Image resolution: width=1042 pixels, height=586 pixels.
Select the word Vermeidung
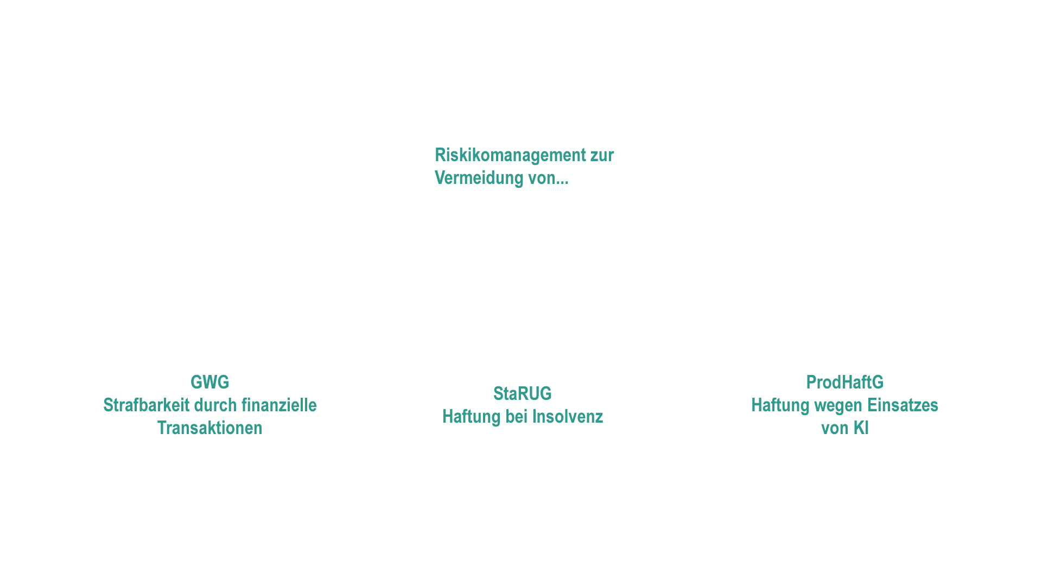coord(479,179)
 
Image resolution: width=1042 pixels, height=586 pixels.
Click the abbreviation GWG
coord(210,382)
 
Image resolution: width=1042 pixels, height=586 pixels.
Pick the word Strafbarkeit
coord(146,405)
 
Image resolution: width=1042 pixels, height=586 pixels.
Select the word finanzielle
coord(279,405)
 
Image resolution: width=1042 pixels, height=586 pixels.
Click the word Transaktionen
coord(210,428)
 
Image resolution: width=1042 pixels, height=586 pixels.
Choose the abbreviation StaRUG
coord(523,393)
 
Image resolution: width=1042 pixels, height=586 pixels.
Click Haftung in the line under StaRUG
coord(472,417)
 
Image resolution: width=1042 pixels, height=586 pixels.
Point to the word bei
coord(516,416)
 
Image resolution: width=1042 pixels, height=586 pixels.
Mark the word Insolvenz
coord(568,416)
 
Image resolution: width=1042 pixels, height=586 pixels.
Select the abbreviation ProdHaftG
coord(845,382)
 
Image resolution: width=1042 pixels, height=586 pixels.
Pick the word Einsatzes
coord(903,405)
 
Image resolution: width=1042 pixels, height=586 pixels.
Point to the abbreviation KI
coord(861,428)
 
